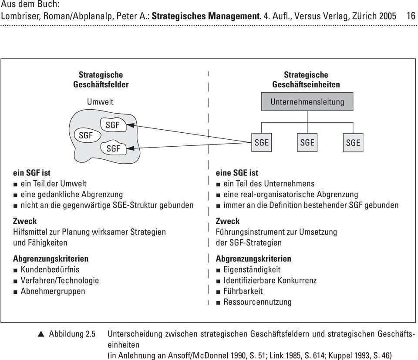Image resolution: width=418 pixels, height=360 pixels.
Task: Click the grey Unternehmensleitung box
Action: pos(307,101)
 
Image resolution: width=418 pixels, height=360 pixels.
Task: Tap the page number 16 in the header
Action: pos(411,16)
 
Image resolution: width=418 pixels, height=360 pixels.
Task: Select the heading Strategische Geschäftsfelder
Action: pos(101,79)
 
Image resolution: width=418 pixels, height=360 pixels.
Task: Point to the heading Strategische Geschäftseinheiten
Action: pos(306,79)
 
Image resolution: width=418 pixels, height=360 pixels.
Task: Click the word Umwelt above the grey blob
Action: pos(100,101)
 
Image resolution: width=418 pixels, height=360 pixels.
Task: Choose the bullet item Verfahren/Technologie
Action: pos(60,280)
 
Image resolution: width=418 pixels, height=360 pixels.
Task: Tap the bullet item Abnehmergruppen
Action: pos(54,291)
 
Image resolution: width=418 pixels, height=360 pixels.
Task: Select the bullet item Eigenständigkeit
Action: pos(252,269)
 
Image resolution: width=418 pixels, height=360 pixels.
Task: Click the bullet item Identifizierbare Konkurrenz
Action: pos(270,280)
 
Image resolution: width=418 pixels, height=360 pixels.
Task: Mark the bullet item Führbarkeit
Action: pos(243,291)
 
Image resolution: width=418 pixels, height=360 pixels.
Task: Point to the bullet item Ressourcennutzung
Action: pos(257,302)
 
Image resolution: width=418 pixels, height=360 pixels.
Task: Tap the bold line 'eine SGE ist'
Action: pos(237,173)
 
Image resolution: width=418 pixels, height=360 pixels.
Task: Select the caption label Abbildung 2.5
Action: pos(72,334)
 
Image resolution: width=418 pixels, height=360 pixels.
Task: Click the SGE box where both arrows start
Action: pos(262,142)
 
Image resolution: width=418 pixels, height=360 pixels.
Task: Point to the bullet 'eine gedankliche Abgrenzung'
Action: pos(72,194)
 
